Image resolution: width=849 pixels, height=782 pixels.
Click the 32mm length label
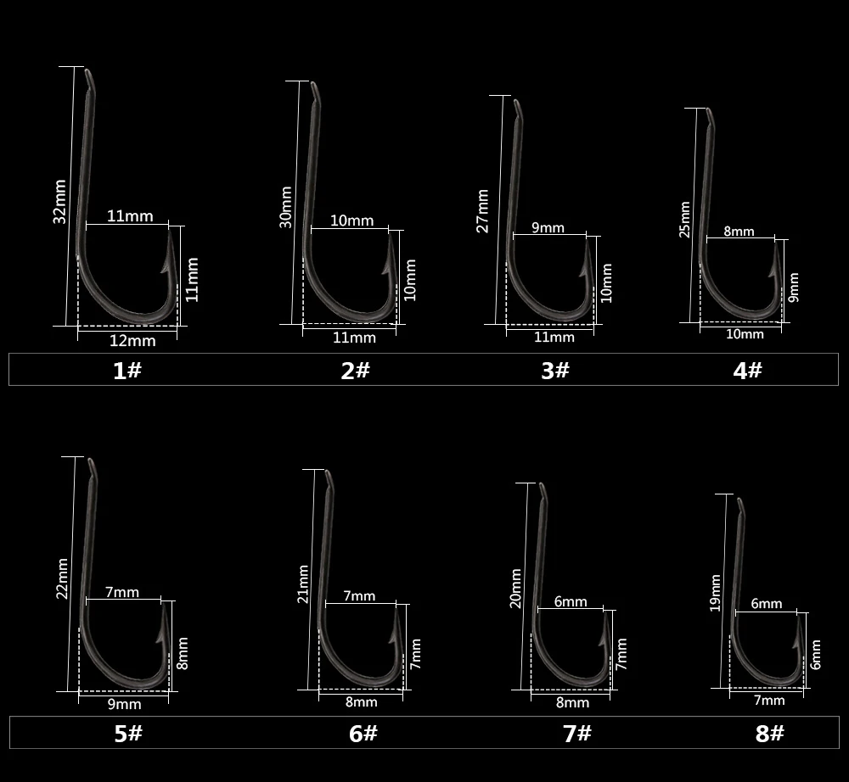point(59,202)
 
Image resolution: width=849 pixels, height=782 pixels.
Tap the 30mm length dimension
point(286,207)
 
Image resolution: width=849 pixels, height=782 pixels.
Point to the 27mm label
point(482,211)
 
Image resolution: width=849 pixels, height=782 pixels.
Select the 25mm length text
point(685,220)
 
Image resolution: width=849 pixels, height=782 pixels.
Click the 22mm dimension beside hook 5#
point(62,578)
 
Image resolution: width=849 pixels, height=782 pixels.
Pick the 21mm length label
point(303,584)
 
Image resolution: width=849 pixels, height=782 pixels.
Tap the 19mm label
point(715,593)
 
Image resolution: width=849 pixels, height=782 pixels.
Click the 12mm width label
point(132,341)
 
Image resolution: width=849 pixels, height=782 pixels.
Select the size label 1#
point(127,371)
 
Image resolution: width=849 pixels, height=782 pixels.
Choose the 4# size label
point(748,371)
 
